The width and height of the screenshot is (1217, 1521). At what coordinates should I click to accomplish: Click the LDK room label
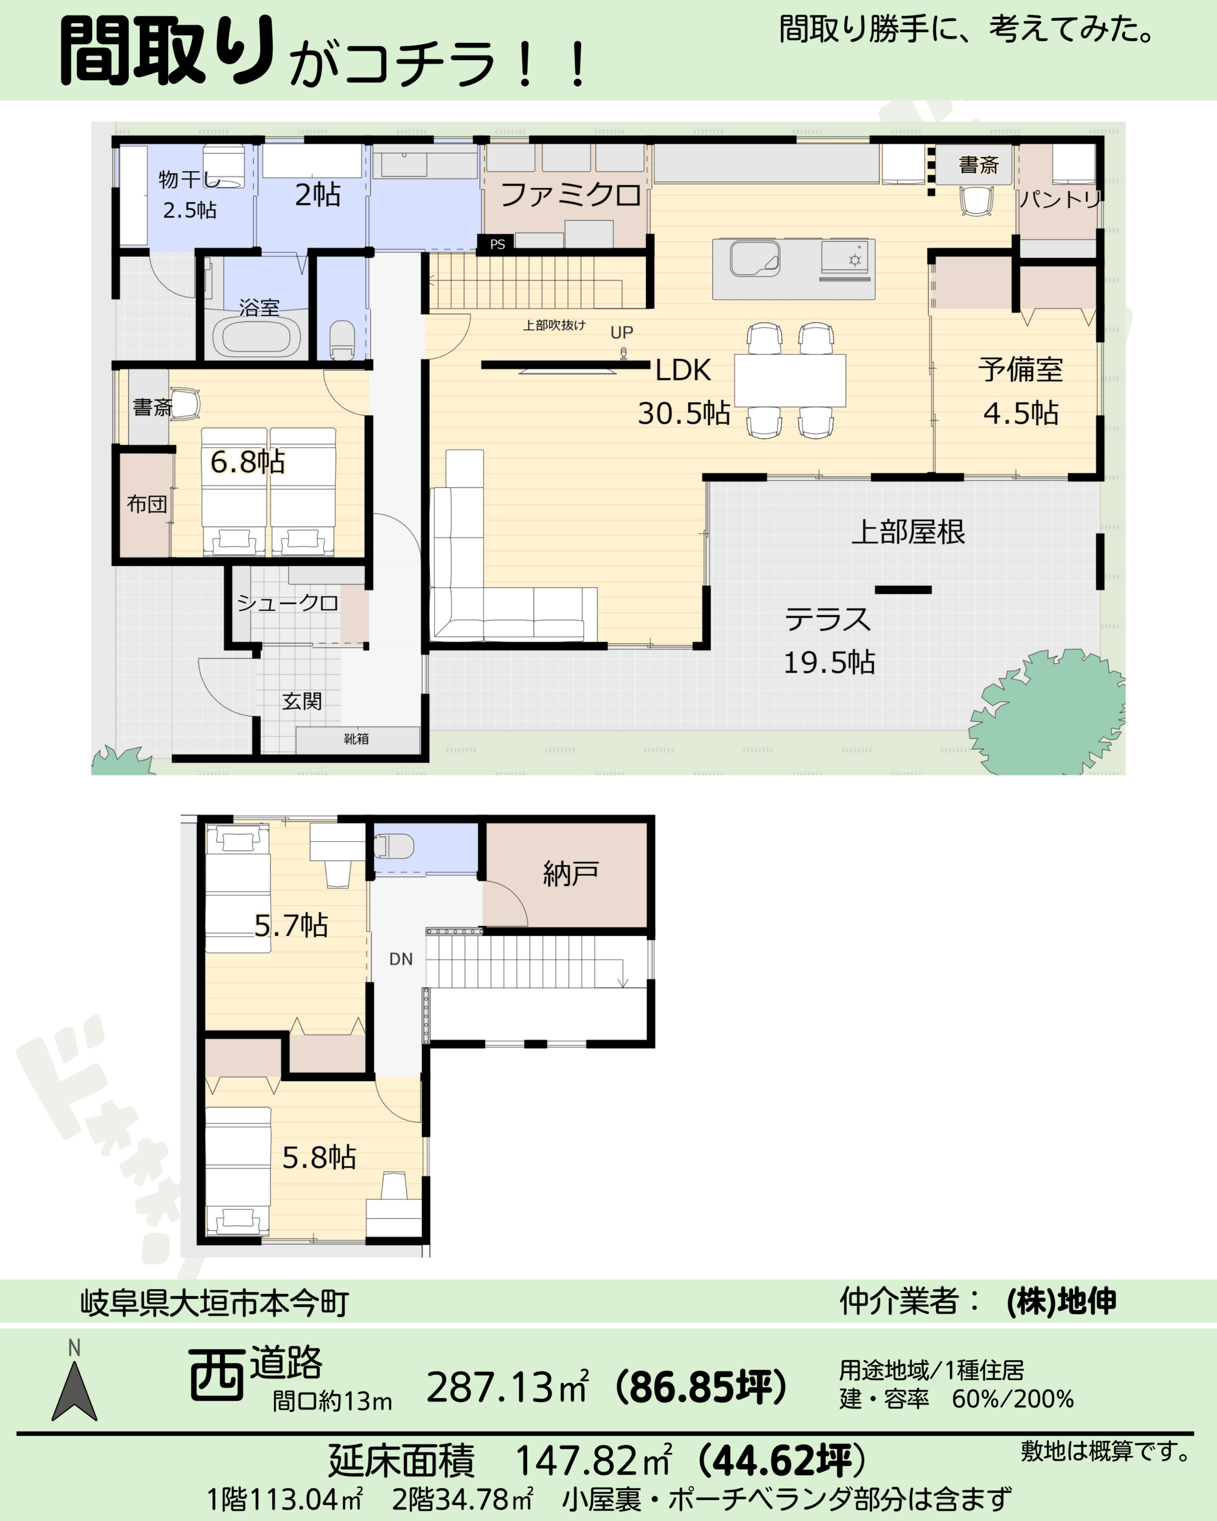[683, 370]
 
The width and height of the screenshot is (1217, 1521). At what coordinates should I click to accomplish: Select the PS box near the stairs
[497, 244]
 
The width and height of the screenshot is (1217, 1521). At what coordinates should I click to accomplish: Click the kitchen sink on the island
[755, 258]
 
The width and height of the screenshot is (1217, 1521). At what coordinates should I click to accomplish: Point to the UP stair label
[622, 332]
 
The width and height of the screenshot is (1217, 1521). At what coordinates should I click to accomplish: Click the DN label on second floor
[401, 959]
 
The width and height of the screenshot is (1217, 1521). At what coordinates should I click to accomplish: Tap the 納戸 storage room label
[570, 874]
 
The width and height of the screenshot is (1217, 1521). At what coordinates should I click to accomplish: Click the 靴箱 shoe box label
[357, 739]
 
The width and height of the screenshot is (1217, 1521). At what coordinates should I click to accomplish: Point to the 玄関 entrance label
[302, 701]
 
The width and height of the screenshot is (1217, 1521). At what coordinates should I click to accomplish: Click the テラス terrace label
[828, 620]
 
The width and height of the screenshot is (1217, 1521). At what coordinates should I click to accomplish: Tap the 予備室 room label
[1021, 370]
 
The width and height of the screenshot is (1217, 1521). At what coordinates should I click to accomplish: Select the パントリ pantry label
[1060, 200]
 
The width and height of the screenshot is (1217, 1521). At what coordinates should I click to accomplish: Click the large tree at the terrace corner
[1047, 712]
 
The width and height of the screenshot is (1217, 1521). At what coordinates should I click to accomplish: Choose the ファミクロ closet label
[570, 195]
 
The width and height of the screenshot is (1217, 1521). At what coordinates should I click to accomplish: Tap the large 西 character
[216, 1374]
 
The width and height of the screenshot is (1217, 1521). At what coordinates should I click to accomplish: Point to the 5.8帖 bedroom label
[319, 1157]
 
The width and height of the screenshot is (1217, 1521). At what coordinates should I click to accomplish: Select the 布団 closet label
[147, 504]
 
